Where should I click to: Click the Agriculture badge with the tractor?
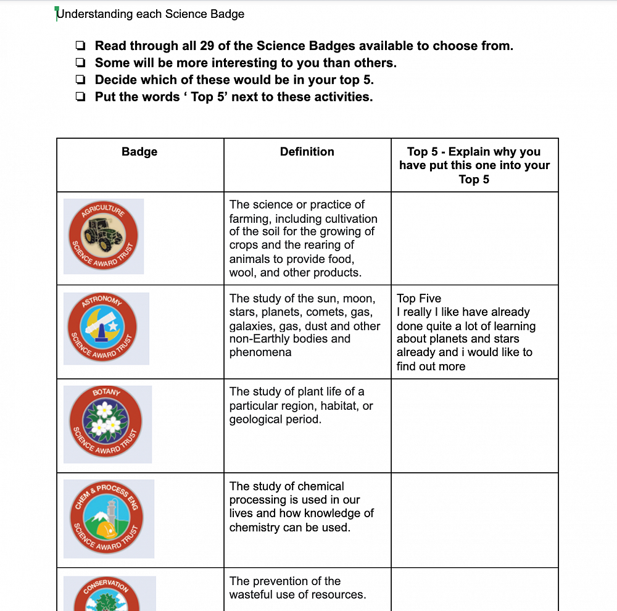(104, 236)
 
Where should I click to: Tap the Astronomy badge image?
(106, 328)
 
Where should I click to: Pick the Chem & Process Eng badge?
(109, 518)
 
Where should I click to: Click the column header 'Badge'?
(139, 152)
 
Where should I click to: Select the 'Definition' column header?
(307, 152)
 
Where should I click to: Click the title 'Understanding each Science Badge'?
(151, 14)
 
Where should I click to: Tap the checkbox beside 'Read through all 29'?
(80, 46)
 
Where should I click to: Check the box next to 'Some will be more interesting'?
(80, 63)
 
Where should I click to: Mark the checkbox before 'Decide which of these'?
(80, 80)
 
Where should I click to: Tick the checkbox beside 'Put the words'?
(80, 97)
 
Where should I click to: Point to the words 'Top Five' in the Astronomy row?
(419, 299)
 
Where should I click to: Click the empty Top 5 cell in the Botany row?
(474, 425)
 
